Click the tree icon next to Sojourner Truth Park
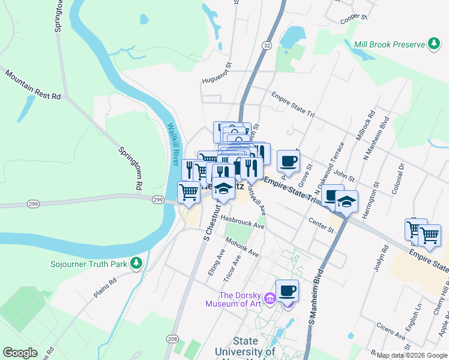(x=137, y=263)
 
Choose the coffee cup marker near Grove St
(x=288, y=161)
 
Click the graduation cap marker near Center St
(x=346, y=202)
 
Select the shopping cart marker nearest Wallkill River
(x=189, y=193)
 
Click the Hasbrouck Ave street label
(x=242, y=222)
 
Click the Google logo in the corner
(x=20, y=352)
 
